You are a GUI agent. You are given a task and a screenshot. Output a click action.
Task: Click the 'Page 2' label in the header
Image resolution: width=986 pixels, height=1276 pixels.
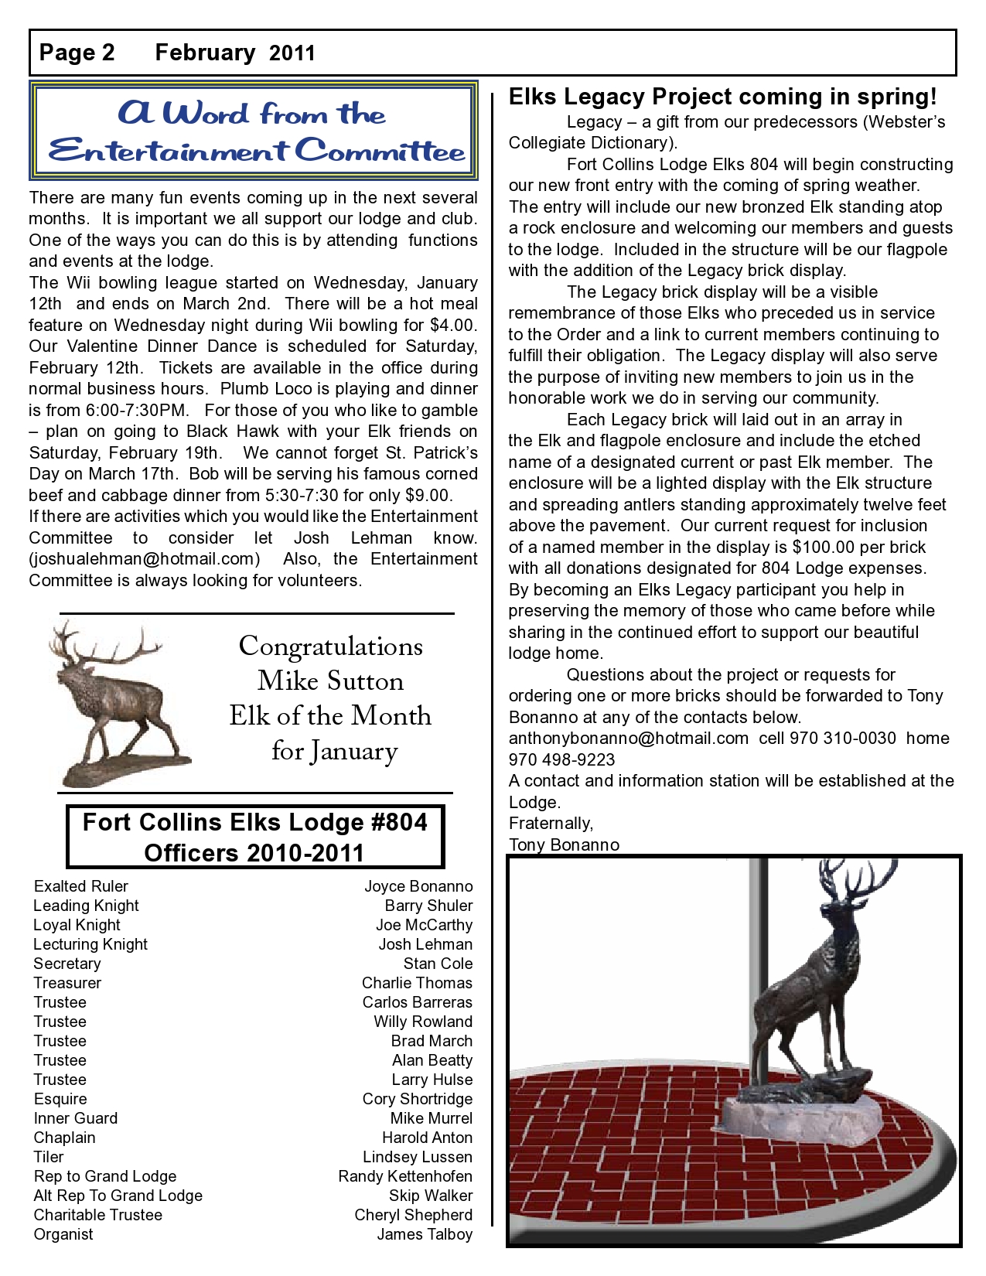click(77, 53)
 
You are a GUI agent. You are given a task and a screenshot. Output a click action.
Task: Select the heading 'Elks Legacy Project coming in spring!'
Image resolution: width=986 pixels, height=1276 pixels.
click(722, 97)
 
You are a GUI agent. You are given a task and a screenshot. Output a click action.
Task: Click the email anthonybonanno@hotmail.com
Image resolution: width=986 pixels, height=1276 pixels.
click(628, 739)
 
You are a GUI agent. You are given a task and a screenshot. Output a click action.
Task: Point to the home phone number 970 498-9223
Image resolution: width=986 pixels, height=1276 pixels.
click(561, 759)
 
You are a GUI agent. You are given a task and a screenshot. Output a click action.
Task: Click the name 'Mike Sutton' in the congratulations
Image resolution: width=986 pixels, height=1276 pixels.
click(330, 681)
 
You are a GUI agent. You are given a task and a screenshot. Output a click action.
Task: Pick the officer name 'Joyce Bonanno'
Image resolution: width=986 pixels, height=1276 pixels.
click(418, 886)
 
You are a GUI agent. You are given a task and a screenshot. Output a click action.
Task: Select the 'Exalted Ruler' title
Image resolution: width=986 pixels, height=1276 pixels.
click(81, 886)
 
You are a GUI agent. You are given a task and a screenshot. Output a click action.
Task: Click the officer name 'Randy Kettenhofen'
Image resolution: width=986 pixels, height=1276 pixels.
click(405, 1176)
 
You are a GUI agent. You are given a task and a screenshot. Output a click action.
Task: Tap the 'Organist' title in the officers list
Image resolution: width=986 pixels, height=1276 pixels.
click(63, 1234)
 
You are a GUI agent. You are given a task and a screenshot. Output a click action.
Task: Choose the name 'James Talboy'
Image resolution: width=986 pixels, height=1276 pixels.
click(425, 1234)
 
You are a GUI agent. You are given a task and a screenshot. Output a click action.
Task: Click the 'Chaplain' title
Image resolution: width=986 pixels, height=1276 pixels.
click(65, 1138)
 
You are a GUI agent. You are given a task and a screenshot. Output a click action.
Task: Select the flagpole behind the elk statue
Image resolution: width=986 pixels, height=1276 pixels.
click(758, 967)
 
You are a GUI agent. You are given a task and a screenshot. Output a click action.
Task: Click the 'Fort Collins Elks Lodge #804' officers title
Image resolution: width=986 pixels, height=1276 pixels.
click(254, 822)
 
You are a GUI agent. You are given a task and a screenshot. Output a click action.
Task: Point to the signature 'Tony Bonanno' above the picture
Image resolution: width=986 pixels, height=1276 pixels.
click(564, 845)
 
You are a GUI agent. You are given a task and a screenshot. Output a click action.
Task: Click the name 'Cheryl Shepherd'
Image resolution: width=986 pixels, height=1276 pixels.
click(414, 1215)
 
